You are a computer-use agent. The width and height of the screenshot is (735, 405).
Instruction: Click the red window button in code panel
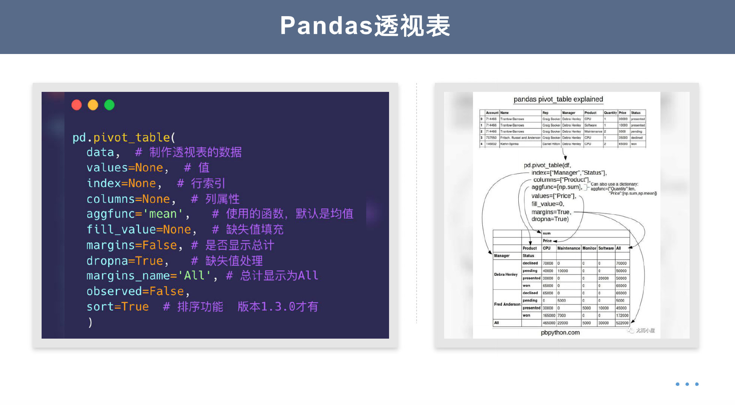click(x=76, y=105)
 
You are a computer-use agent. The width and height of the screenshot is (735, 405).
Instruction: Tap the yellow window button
click(x=93, y=105)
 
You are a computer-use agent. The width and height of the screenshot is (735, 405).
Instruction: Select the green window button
click(x=109, y=105)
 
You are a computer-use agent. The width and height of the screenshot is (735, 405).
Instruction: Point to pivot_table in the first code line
click(x=132, y=138)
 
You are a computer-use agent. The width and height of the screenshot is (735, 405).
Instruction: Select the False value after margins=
click(x=160, y=245)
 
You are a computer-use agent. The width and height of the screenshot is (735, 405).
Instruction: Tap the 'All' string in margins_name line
click(x=194, y=276)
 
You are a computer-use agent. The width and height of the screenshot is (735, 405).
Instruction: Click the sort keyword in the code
click(x=100, y=307)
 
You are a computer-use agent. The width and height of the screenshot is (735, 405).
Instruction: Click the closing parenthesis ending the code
click(x=90, y=322)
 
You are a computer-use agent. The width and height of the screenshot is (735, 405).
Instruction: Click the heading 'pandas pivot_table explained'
click(x=558, y=99)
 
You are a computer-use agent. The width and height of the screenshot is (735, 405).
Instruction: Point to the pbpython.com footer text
click(x=560, y=333)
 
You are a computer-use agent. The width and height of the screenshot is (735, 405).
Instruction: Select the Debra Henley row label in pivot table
click(x=506, y=274)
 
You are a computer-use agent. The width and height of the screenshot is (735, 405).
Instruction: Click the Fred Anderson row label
click(x=507, y=304)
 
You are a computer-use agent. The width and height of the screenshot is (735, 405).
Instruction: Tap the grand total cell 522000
click(x=622, y=323)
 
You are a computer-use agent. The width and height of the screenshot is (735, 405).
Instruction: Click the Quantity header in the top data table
click(x=610, y=113)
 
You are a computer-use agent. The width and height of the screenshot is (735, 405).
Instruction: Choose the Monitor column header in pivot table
click(x=589, y=248)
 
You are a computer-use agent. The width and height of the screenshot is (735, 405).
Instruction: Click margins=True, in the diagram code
click(x=551, y=212)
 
